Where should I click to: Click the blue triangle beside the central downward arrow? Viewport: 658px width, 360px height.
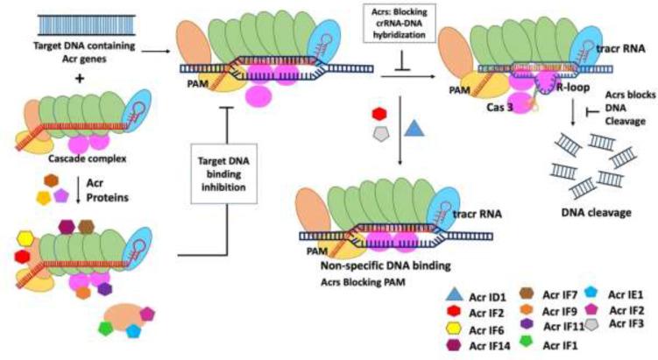416,130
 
